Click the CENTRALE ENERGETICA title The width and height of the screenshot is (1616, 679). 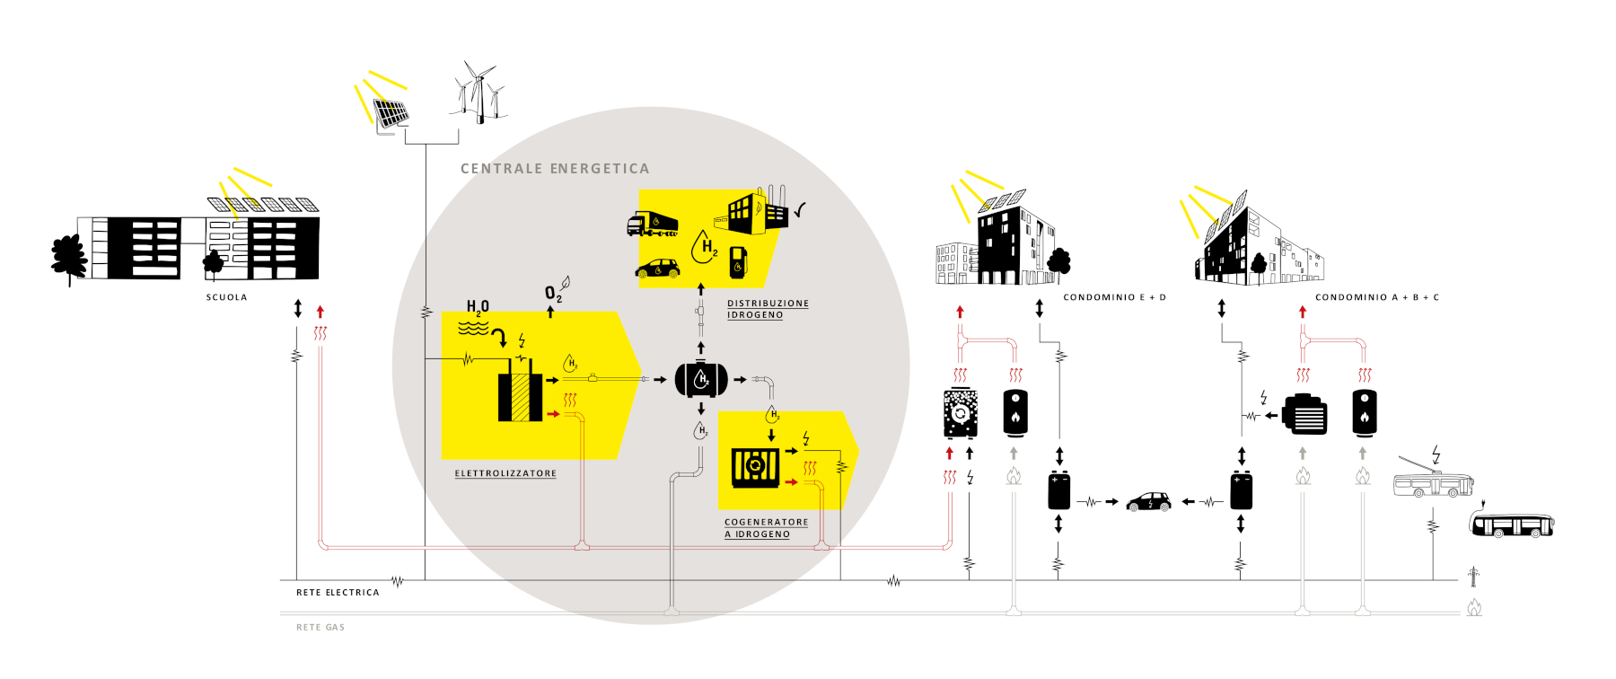(x=554, y=169)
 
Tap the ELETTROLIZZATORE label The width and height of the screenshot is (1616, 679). (x=505, y=473)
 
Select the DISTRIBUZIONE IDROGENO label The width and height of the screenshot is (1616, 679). (x=768, y=309)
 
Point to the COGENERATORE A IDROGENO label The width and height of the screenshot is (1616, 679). (x=766, y=528)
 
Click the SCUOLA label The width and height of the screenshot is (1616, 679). (x=226, y=297)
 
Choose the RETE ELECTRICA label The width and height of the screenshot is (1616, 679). (x=338, y=593)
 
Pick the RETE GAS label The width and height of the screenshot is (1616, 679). (x=321, y=628)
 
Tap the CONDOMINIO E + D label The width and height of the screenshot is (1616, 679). (x=1114, y=297)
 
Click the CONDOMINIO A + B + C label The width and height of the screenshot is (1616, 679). (x=1376, y=297)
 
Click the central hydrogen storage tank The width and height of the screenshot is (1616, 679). (x=701, y=380)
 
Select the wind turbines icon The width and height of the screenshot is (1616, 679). (x=479, y=93)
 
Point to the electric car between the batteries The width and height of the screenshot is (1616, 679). (x=1148, y=501)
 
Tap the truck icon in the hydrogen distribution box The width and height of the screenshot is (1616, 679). (x=652, y=224)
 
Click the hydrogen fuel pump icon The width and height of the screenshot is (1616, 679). (x=738, y=261)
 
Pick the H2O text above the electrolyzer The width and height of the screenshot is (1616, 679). (x=478, y=307)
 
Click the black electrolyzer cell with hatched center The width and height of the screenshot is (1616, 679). (x=520, y=397)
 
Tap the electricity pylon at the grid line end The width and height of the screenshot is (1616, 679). (x=1473, y=576)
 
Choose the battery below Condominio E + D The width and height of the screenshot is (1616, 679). (x=1059, y=491)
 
